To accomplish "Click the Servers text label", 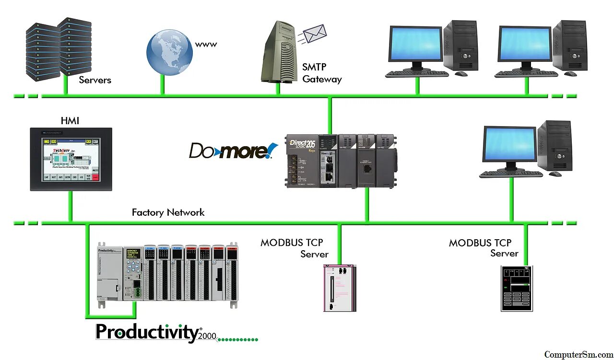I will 95,80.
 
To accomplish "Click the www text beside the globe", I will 206,45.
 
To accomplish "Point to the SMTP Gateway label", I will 322,73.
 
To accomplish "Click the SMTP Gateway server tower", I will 279,53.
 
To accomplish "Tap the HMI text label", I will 70,121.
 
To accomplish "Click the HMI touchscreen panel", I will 71,159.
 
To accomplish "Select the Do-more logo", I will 233,151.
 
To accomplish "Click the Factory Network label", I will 168,212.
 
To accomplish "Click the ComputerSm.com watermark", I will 578,355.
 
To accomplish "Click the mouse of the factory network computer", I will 555,174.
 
